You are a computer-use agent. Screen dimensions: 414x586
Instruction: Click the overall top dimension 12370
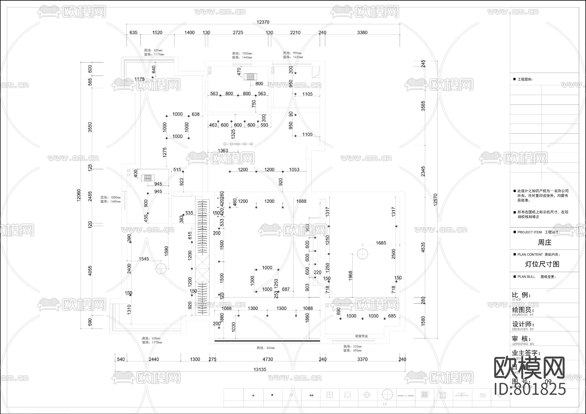pos(263,22)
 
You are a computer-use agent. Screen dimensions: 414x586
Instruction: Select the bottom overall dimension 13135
pos(260,369)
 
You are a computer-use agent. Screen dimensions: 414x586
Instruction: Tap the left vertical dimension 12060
pos(78,195)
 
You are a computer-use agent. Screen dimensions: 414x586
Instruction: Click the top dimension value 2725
pos(238,33)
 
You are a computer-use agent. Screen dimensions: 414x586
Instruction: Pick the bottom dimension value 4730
pos(268,359)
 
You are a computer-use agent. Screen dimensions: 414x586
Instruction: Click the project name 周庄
pos(544,242)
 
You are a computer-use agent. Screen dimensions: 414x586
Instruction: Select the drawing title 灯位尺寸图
pos(542,264)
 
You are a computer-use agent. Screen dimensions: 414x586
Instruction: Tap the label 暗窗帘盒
pos(361,336)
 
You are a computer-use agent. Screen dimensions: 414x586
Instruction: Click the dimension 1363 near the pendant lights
pos(223,150)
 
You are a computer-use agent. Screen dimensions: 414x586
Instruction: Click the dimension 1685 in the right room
pos(381,243)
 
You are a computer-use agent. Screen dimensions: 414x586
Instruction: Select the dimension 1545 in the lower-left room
pos(144,259)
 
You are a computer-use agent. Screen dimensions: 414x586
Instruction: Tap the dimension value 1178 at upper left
pos(139,79)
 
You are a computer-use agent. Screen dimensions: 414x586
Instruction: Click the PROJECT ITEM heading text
pos(530,232)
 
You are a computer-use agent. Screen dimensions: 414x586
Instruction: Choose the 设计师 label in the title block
pos(523,324)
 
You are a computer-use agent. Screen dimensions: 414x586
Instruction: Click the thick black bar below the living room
pos(267,341)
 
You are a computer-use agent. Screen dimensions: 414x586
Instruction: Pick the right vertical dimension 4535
pos(423,247)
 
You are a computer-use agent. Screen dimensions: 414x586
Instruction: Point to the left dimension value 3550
pos(90,127)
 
